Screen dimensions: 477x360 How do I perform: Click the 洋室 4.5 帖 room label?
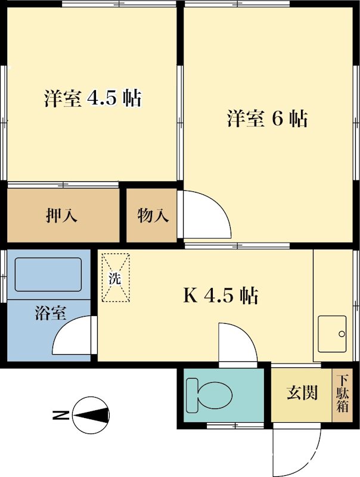point(93,98)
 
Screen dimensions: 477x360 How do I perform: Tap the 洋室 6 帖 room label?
point(266,119)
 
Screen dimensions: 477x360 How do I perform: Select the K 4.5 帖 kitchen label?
point(220,295)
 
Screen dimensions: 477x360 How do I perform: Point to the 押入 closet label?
point(61,216)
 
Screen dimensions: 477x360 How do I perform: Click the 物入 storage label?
point(153,216)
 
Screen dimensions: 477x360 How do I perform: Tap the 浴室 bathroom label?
point(50,312)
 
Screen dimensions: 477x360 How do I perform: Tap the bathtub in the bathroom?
point(48,274)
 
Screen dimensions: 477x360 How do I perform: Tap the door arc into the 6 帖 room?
point(206,215)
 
